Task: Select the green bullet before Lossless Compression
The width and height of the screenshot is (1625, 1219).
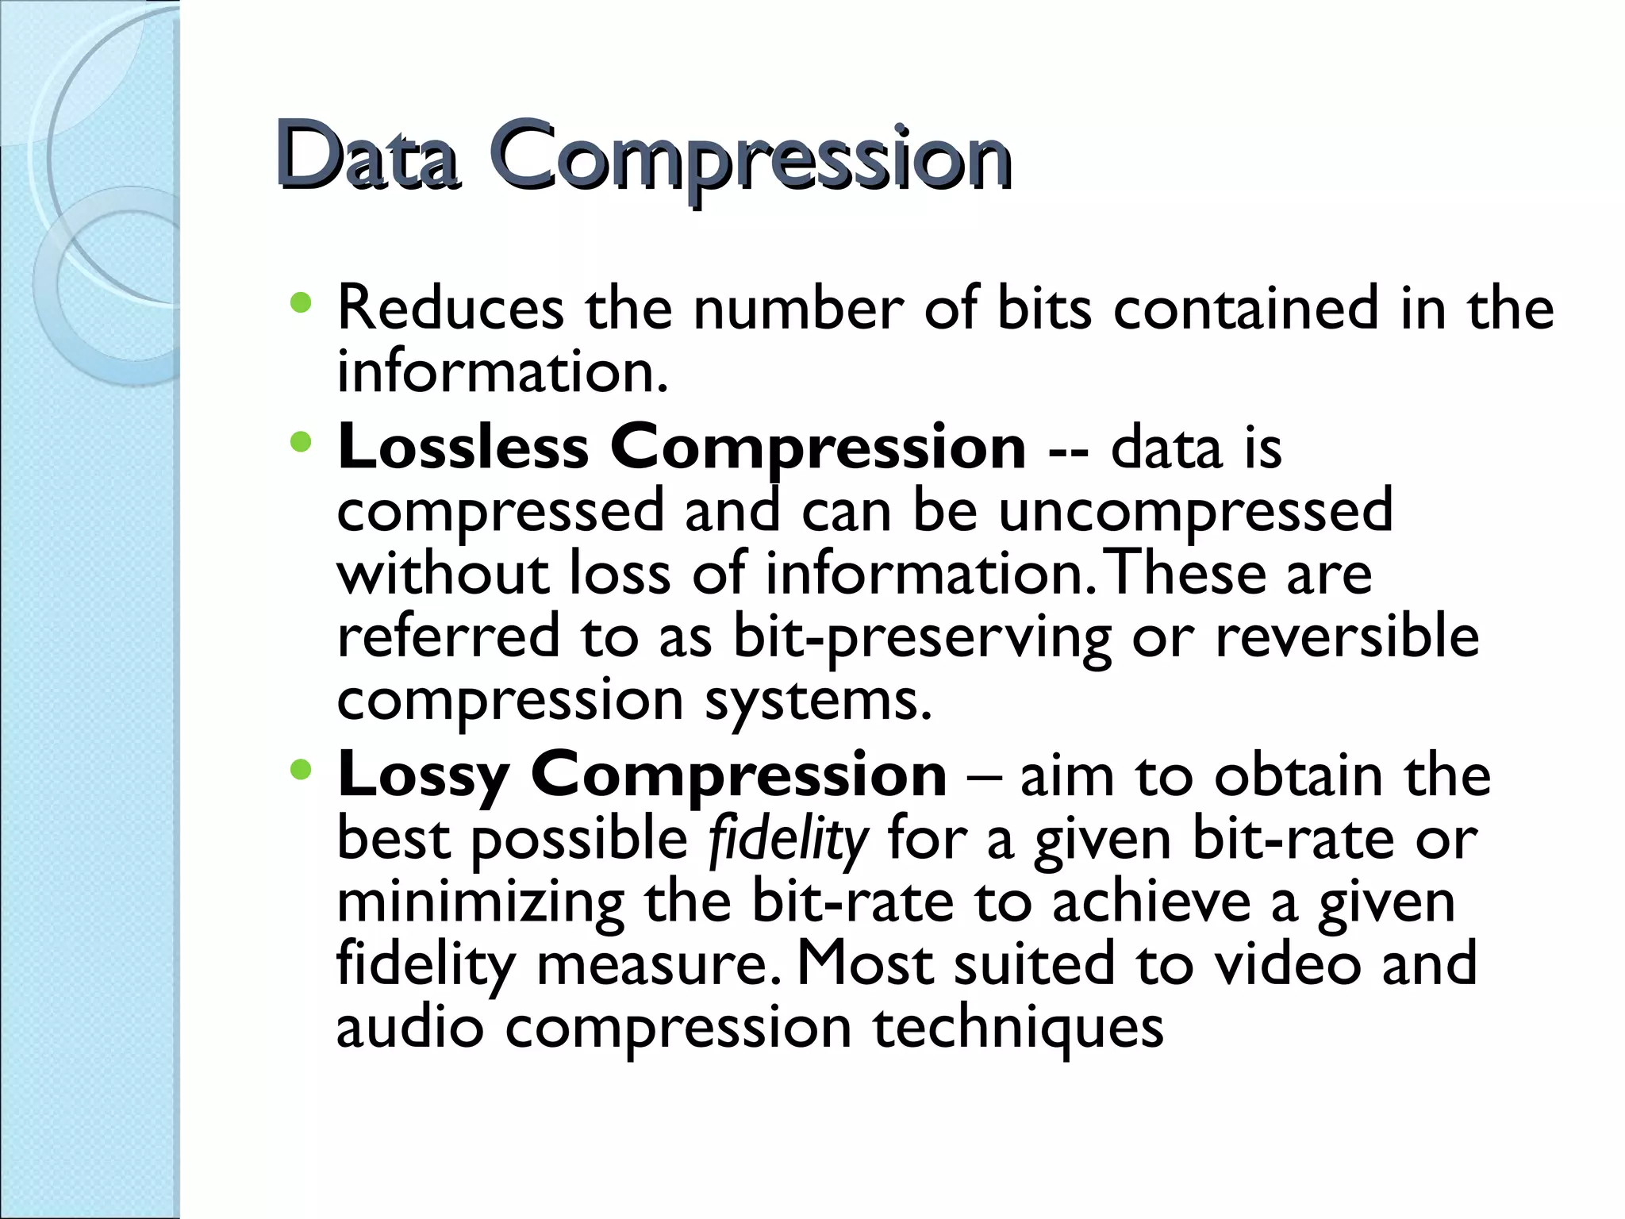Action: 302,442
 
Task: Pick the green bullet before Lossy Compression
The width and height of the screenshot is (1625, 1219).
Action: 302,769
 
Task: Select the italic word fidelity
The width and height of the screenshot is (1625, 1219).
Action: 787,840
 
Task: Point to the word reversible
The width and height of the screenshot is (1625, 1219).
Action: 1346,636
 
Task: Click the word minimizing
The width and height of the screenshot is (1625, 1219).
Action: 480,903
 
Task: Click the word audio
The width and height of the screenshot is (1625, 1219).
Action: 409,1028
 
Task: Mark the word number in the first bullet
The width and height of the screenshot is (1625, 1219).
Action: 798,309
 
